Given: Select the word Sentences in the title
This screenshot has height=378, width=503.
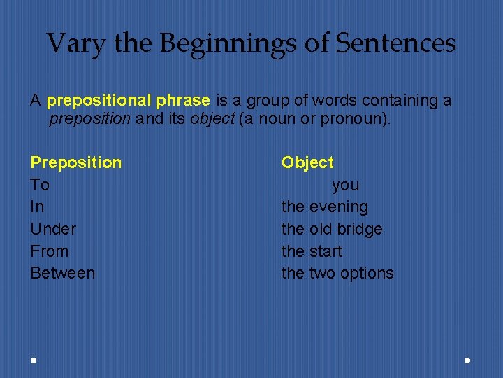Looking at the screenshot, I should (395, 43).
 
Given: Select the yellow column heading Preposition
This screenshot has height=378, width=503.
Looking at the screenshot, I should (75, 162).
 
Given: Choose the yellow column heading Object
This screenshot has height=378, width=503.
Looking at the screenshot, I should (307, 162).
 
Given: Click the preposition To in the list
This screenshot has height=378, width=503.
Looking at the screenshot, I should (40, 185).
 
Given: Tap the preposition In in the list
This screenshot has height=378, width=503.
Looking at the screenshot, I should (37, 206).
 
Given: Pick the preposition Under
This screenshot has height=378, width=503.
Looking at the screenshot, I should (53, 229).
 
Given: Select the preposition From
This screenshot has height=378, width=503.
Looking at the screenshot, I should (49, 251).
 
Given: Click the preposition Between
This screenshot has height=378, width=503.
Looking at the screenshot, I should (62, 273).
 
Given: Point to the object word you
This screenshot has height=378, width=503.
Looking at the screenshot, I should (345, 185).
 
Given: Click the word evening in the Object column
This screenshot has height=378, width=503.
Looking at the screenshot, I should (338, 206).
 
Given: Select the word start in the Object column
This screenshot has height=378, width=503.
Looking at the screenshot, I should (326, 251).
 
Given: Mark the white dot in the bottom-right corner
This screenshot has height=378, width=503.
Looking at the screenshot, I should (467, 360).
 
